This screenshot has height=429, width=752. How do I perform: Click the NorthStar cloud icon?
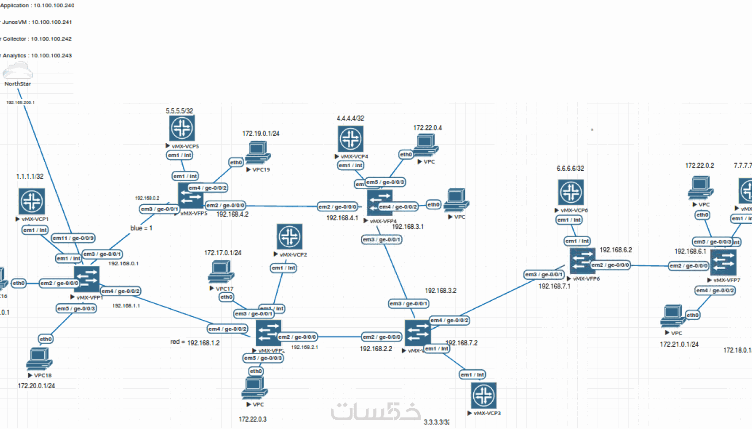[18, 70]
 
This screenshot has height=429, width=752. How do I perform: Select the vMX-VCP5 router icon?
[182, 128]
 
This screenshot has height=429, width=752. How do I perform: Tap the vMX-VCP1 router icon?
[32, 201]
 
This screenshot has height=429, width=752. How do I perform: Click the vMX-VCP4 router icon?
[350, 138]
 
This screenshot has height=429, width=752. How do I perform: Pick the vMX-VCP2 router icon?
[290, 236]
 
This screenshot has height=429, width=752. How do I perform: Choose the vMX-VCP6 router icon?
[571, 192]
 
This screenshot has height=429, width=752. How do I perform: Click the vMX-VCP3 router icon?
[483, 395]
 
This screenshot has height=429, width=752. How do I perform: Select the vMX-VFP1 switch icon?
[87, 279]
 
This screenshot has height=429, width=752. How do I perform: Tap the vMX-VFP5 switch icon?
[191, 196]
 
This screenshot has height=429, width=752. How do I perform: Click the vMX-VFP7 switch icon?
[723, 262]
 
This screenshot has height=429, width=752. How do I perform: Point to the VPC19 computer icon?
[258, 153]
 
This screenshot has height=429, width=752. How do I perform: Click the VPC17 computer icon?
[221, 271]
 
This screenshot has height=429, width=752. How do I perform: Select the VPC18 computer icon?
[39, 358]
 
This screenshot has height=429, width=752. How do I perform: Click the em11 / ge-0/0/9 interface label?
[73, 238]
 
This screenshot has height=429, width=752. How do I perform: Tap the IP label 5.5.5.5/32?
[179, 111]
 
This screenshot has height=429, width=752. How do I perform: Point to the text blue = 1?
[141, 228]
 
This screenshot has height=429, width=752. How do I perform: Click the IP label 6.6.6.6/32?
[570, 169]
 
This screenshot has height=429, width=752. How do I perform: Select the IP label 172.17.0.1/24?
[223, 253]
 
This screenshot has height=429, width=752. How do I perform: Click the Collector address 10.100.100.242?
[51, 39]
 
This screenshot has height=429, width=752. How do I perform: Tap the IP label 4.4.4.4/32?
[350, 118]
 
